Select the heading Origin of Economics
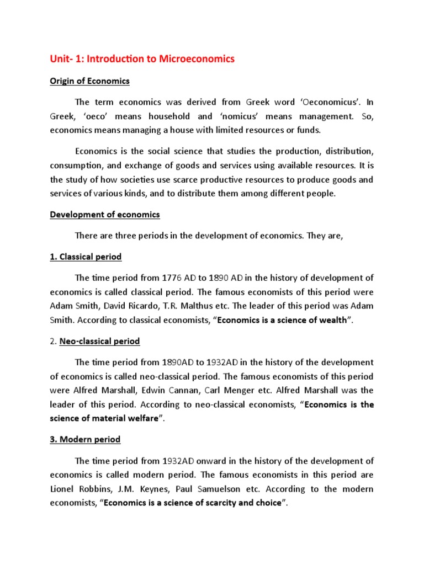pyautogui.click(x=89, y=81)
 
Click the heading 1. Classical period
pyautogui.click(x=86, y=257)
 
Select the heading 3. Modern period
pyautogui.click(x=85, y=440)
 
